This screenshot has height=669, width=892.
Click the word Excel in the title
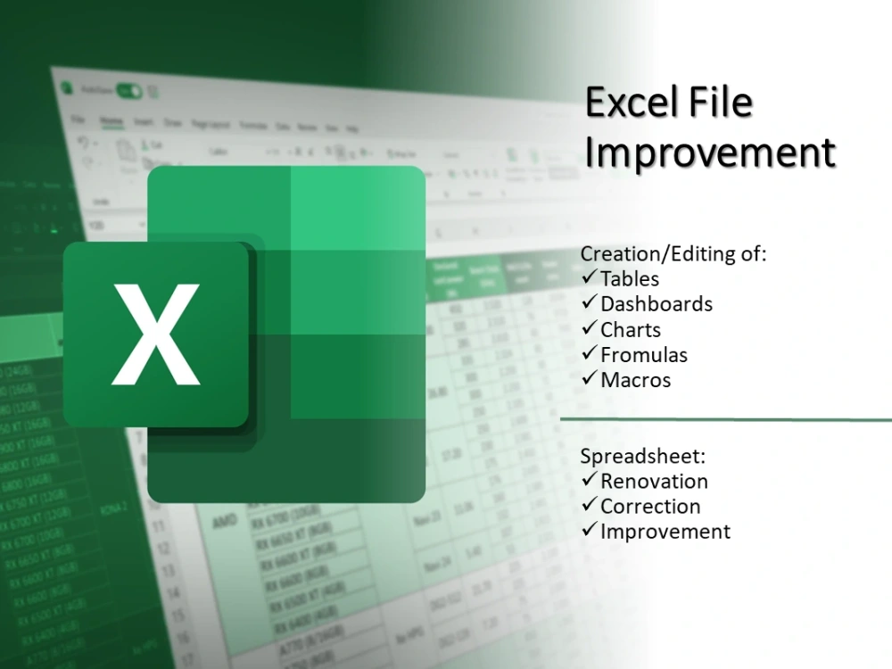tap(634, 104)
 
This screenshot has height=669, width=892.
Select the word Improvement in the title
tap(710, 153)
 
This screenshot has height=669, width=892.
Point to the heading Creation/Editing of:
tap(673, 254)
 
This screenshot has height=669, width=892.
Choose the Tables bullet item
tap(630, 279)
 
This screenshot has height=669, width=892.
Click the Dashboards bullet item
tap(657, 304)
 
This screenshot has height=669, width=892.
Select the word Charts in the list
tap(631, 330)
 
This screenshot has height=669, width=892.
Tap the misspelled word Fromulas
tap(644, 355)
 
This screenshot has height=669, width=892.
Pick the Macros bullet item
tap(635, 380)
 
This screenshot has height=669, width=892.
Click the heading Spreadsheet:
tap(642, 457)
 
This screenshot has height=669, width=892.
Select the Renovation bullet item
tap(654, 482)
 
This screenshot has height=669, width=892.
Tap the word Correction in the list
tap(650, 507)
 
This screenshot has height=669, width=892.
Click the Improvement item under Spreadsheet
tap(665, 532)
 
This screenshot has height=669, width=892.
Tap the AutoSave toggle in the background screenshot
tap(130, 90)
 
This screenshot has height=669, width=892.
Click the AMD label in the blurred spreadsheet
tap(224, 518)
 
